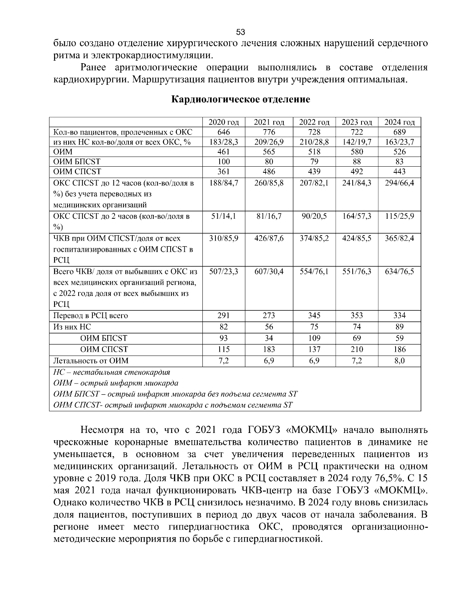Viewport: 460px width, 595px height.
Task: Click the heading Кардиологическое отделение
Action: coord(240,100)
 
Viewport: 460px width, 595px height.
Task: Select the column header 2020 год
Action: coord(223,122)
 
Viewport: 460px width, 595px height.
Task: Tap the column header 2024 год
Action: coord(399,122)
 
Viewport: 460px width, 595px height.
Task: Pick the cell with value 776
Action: coord(269,132)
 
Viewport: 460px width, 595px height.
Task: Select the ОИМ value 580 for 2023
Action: coord(356,152)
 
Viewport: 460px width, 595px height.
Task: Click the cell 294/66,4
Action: coord(399,183)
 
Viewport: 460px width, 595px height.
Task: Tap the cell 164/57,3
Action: coord(356,216)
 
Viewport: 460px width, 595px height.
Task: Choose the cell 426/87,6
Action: coord(269,238)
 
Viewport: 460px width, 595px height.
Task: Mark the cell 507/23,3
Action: coord(223,272)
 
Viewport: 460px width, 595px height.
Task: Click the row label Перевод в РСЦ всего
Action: coord(91,316)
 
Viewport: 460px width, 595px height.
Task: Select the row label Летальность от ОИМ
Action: coord(91,361)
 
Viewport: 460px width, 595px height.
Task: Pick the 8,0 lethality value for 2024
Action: coord(399,361)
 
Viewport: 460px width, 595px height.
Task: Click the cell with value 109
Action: coord(314,338)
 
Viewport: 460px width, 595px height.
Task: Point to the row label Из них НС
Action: coord(72,327)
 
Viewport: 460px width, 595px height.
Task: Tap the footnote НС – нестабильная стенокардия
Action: coord(112,372)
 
